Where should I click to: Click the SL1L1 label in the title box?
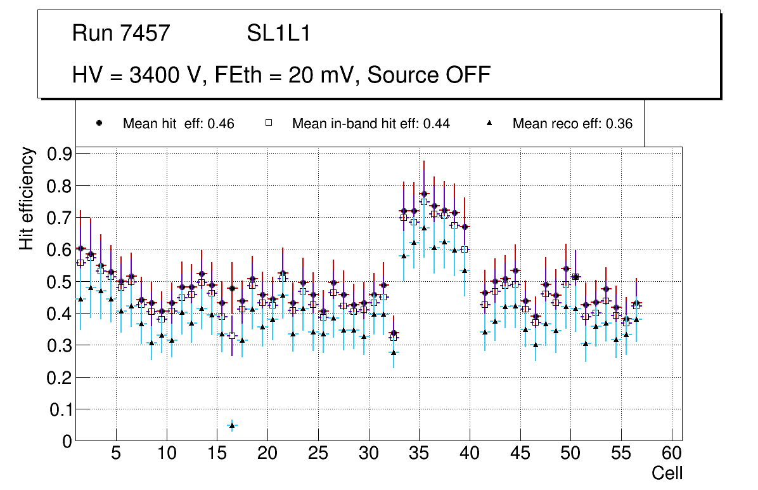pyautogui.click(x=279, y=34)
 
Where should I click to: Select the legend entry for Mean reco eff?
pyautogui.click(x=572, y=124)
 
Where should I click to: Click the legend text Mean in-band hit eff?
pyautogui.click(x=371, y=124)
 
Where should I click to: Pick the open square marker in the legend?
pyautogui.click(x=268, y=123)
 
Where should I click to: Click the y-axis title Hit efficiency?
pyautogui.click(x=27, y=198)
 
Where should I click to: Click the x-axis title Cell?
pyautogui.click(x=667, y=473)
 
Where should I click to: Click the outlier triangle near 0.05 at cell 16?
pyautogui.click(x=232, y=425)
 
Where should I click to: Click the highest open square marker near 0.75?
pyautogui.click(x=424, y=202)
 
